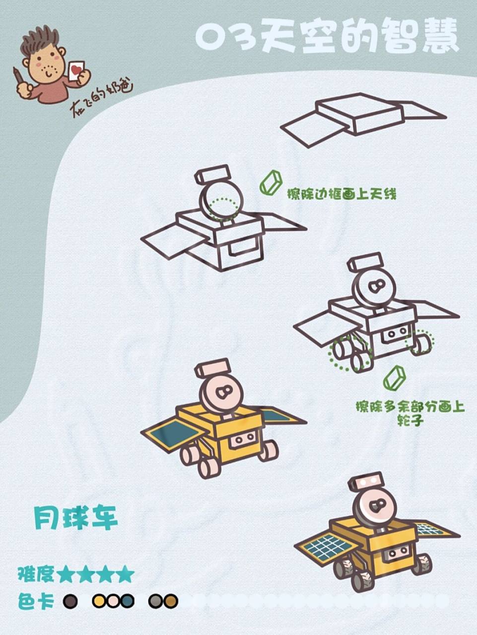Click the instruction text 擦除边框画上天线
point(342,194)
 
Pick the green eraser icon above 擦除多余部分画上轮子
point(395,378)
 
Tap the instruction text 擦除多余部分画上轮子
point(410,413)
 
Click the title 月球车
point(76,518)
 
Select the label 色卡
point(35,601)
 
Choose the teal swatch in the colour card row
point(127,601)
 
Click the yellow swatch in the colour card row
point(99,601)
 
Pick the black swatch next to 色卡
point(70,601)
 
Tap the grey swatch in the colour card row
point(156,601)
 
